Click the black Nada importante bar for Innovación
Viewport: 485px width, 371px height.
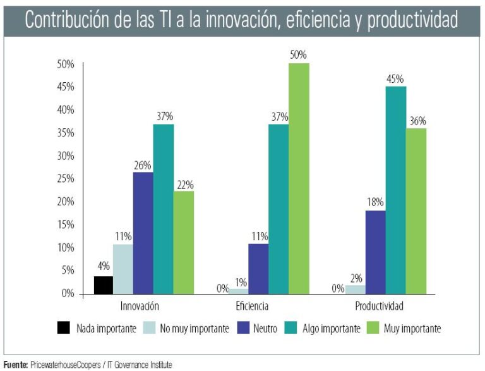(x=104, y=285)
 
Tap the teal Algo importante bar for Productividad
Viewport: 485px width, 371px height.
(x=395, y=190)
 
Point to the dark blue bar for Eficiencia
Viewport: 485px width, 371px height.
(x=258, y=269)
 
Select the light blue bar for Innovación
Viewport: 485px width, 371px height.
(x=123, y=269)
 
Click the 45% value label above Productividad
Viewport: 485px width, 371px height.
(x=395, y=78)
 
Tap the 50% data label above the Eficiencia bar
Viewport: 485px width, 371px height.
(x=299, y=56)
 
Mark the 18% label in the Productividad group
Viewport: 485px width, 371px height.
(x=375, y=202)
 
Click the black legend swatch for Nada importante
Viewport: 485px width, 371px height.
(x=64, y=328)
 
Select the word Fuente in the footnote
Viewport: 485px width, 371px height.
(x=15, y=365)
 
